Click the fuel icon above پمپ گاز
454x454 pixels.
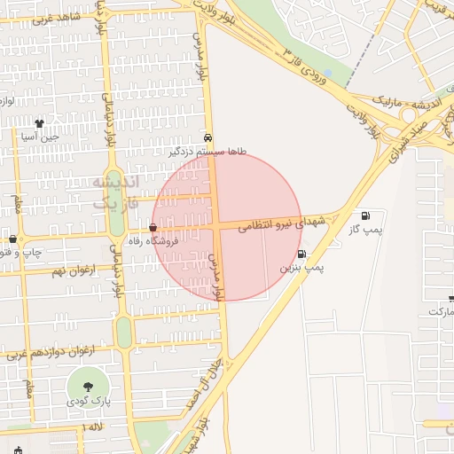(365, 216)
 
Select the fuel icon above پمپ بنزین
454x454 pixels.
(302, 254)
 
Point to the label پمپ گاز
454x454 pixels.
(365, 230)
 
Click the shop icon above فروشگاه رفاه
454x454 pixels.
(153, 229)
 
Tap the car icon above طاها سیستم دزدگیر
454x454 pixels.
(207, 138)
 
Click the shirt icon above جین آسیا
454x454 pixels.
(39, 123)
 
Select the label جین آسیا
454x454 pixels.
(40, 137)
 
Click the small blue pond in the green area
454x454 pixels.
(329, 73)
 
